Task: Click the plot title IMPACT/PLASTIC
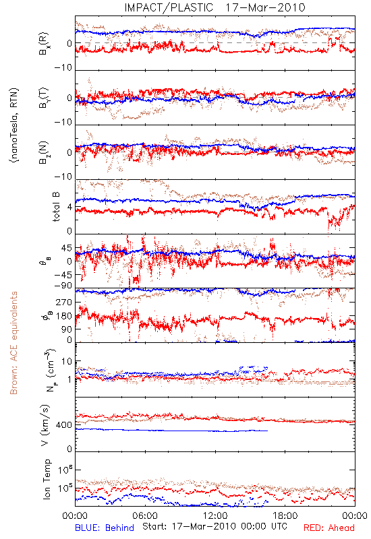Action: pos(169,7)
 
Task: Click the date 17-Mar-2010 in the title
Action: pos(265,7)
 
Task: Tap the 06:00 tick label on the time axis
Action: pos(145,515)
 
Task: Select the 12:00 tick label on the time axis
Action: pos(215,515)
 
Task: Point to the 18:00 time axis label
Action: pos(285,515)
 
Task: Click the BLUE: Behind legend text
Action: pos(105,528)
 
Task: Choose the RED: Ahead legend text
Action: pos(329,528)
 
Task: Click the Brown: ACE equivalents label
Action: pos(13,343)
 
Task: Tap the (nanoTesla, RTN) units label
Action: pos(14,125)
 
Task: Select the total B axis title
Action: pos(56,207)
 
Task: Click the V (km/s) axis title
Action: pos(45,426)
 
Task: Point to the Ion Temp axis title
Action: pos(47,479)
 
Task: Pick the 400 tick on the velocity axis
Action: pos(64,425)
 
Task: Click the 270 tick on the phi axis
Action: pos(64,302)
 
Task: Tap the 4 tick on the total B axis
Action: pos(70,208)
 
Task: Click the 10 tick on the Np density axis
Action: pos(67,362)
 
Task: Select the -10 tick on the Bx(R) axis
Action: pos(63,67)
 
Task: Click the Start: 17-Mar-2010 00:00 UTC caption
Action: pos(215,526)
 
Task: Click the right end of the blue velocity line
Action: pos(267,431)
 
